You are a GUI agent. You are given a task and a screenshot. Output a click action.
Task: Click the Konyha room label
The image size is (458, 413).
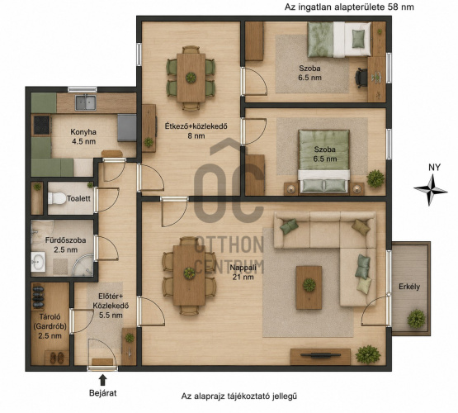(x=83, y=137)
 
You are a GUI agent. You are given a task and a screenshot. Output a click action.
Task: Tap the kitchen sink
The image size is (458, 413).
(x=86, y=103)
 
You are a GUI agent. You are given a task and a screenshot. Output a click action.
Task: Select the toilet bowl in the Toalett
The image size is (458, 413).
(x=57, y=198)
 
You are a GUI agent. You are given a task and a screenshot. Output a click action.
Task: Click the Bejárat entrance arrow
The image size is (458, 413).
(x=102, y=380)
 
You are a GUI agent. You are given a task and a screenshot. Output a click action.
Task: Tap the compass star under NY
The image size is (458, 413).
(x=430, y=190)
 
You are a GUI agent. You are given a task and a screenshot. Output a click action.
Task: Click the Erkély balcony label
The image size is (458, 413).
(x=409, y=287)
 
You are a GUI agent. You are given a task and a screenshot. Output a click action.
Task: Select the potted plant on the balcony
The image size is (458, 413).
(x=416, y=319)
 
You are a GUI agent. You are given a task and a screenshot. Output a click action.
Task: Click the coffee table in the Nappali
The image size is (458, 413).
(x=309, y=287)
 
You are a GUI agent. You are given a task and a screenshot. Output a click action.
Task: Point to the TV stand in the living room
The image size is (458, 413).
(x=320, y=357)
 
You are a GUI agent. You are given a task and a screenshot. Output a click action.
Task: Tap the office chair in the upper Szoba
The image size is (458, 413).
(x=361, y=78)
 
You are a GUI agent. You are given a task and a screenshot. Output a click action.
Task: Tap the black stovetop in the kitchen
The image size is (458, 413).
(x=41, y=125)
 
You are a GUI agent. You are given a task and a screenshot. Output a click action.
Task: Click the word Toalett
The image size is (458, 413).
(x=79, y=198)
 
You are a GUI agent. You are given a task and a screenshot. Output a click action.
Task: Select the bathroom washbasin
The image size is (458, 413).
(x=38, y=262)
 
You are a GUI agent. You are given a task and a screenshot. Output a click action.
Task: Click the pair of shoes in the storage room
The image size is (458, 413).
(x=57, y=358)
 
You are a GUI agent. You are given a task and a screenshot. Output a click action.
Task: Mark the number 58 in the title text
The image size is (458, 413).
(x=393, y=7)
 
